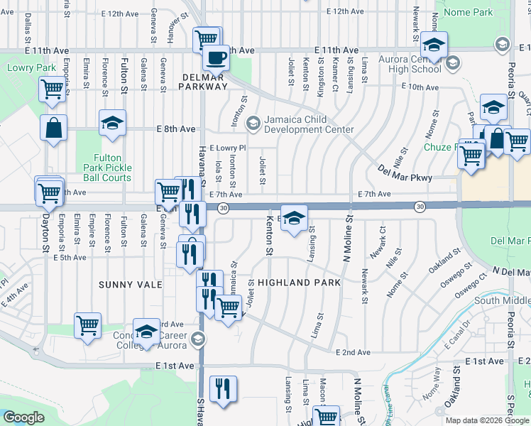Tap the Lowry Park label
22,68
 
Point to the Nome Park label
468,12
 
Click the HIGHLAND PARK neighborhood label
299,282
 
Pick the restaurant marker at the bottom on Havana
224,388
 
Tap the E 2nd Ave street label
353,352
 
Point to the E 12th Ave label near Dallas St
119,13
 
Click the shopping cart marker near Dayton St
48,190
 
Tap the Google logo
23,417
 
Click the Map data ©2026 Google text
486,420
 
